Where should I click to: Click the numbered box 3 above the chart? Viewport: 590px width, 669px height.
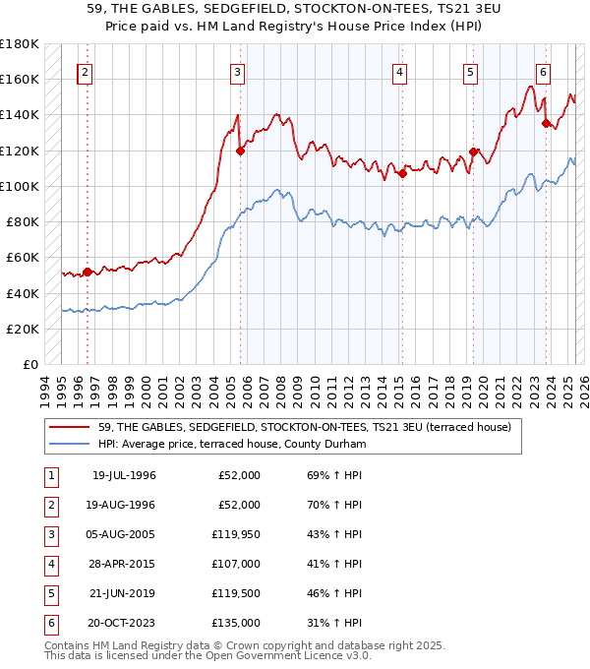click(x=238, y=71)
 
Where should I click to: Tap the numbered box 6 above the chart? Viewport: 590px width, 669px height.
click(x=543, y=71)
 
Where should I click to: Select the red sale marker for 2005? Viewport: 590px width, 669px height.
click(x=239, y=151)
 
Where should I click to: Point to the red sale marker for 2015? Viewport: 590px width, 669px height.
click(x=402, y=174)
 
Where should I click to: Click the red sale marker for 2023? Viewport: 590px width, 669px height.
click(x=547, y=123)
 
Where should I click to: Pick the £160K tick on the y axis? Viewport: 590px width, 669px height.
click(x=20, y=79)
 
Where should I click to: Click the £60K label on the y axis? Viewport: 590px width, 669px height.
click(x=23, y=258)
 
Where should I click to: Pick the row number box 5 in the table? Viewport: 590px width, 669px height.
click(x=50, y=593)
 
